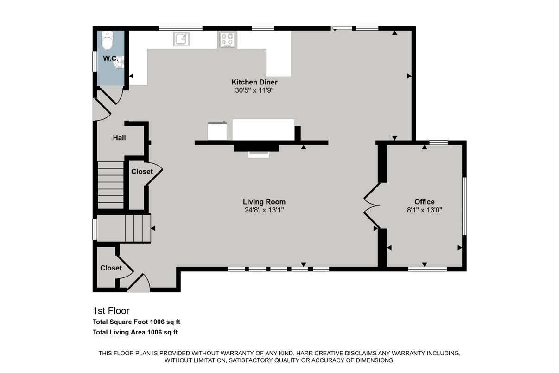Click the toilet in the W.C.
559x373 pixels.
(x=108, y=41)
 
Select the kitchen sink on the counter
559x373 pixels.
(x=182, y=39)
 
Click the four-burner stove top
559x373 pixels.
(x=227, y=39)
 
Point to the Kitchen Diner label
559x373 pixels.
(x=254, y=82)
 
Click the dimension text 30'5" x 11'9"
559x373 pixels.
(x=254, y=90)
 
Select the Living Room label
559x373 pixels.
(x=264, y=202)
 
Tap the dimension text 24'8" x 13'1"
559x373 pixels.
(x=264, y=210)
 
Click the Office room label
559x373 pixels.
(x=424, y=202)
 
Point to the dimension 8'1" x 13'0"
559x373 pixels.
(x=424, y=210)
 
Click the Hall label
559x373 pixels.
(x=119, y=138)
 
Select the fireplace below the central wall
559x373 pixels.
(x=259, y=151)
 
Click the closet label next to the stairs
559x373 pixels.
(x=142, y=172)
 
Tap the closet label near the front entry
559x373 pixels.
(x=111, y=268)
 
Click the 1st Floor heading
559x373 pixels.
(x=111, y=311)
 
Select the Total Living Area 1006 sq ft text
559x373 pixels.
(x=135, y=332)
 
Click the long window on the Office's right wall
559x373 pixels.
(x=464, y=206)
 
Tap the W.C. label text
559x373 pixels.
(x=110, y=58)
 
